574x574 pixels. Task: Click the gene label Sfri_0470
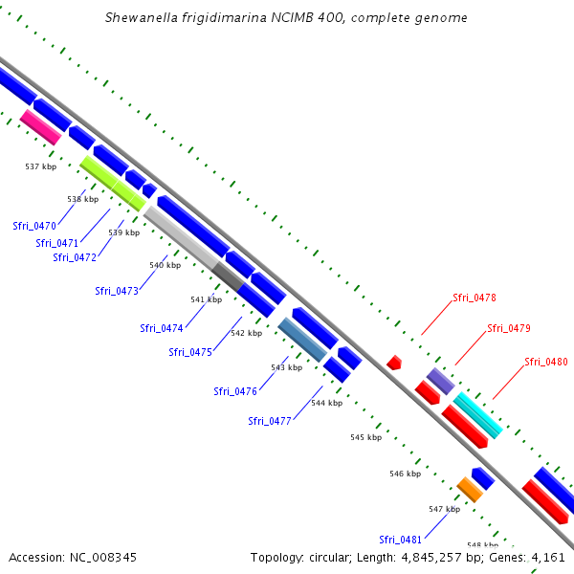[x=34, y=226]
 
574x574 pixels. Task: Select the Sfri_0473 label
[x=117, y=291]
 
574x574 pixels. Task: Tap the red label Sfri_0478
[x=474, y=298]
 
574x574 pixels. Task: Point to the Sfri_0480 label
[x=546, y=362]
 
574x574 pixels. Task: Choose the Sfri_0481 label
[x=400, y=539]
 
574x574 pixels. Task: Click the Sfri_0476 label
[x=235, y=391]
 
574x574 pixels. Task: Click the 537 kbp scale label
[x=40, y=166]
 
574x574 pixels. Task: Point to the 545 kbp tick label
[x=365, y=437]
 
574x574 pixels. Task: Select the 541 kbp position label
[x=206, y=299]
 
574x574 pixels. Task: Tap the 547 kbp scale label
[x=444, y=509]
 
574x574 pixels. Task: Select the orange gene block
[x=469, y=489]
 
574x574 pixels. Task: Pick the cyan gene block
[x=477, y=415]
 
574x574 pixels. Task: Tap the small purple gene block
[x=440, y=381]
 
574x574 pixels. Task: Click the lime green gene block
[x=113, y=183]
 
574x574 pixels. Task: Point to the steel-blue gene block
[x=302, y=340]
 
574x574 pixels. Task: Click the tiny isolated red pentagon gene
[x=393, y=363]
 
